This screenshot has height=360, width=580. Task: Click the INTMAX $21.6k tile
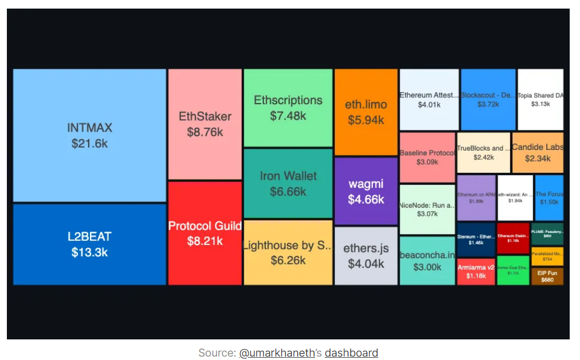click(89, 135)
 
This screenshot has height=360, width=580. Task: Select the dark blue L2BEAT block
click(89, 244)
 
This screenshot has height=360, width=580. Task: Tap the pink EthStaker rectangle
click(205, 124)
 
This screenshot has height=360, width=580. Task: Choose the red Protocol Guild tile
click(205, 233)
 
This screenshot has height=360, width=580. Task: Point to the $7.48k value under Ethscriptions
click(288, 116)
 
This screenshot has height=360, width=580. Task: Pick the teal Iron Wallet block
click(288, 183)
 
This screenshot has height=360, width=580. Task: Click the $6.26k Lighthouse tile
click(288, 252)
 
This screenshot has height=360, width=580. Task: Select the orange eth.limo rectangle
click(366, 112)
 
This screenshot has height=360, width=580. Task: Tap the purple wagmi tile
click(366, 191)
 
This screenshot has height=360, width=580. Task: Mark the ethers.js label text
click(366, 248)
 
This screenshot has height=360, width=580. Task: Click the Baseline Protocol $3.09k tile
click(427, 157)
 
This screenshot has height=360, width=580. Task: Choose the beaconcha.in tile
click(427, 261)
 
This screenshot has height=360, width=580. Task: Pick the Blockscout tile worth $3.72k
click(488, 100)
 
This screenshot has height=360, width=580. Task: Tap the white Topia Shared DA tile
click(540, 100)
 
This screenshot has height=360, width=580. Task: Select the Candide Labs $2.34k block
click(537, 152)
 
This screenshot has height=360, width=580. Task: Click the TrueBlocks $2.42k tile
click(483, 152)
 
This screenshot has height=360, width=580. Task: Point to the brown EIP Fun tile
click(547, 276)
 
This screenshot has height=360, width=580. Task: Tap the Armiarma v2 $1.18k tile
click(476, 272)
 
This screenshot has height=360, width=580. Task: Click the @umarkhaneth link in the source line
click(277, 353)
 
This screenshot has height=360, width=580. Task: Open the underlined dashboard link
click(351, 353)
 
